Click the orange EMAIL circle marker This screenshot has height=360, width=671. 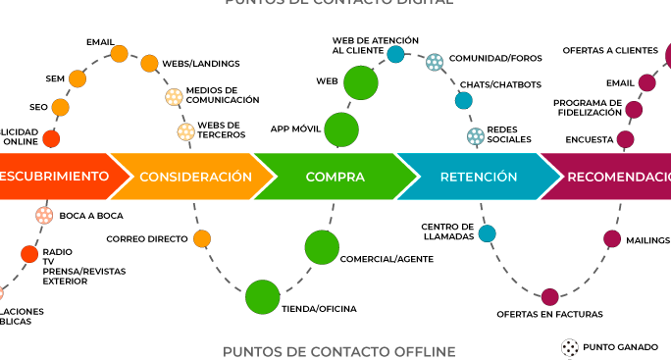click(120, 54)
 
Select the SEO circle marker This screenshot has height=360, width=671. click(61, 107)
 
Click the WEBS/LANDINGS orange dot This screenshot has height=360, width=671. click(149, 64)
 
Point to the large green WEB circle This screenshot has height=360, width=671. click(361, 81)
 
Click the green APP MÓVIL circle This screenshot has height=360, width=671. click(341, 129)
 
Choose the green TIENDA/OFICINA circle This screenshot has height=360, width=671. click(262, 297)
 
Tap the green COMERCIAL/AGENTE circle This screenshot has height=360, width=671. click(322, 247)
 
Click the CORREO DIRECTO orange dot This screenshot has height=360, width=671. click(202, 238)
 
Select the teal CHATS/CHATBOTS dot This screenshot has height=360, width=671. click(464, 100)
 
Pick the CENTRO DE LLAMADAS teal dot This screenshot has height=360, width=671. click(487, 232)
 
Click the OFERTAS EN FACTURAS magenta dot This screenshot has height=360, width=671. click(549, 296)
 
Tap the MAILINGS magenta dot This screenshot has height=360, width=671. click(612, 239)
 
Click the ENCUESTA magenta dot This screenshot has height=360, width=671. click(625, 139)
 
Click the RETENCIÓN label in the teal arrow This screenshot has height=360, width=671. click(479, 177)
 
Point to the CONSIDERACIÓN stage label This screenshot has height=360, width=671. click(195, 177)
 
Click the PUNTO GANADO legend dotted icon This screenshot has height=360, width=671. click(569, 346)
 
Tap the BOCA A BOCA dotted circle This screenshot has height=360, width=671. click(44, 215)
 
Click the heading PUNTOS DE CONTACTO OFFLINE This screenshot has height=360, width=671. click(338, 351)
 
